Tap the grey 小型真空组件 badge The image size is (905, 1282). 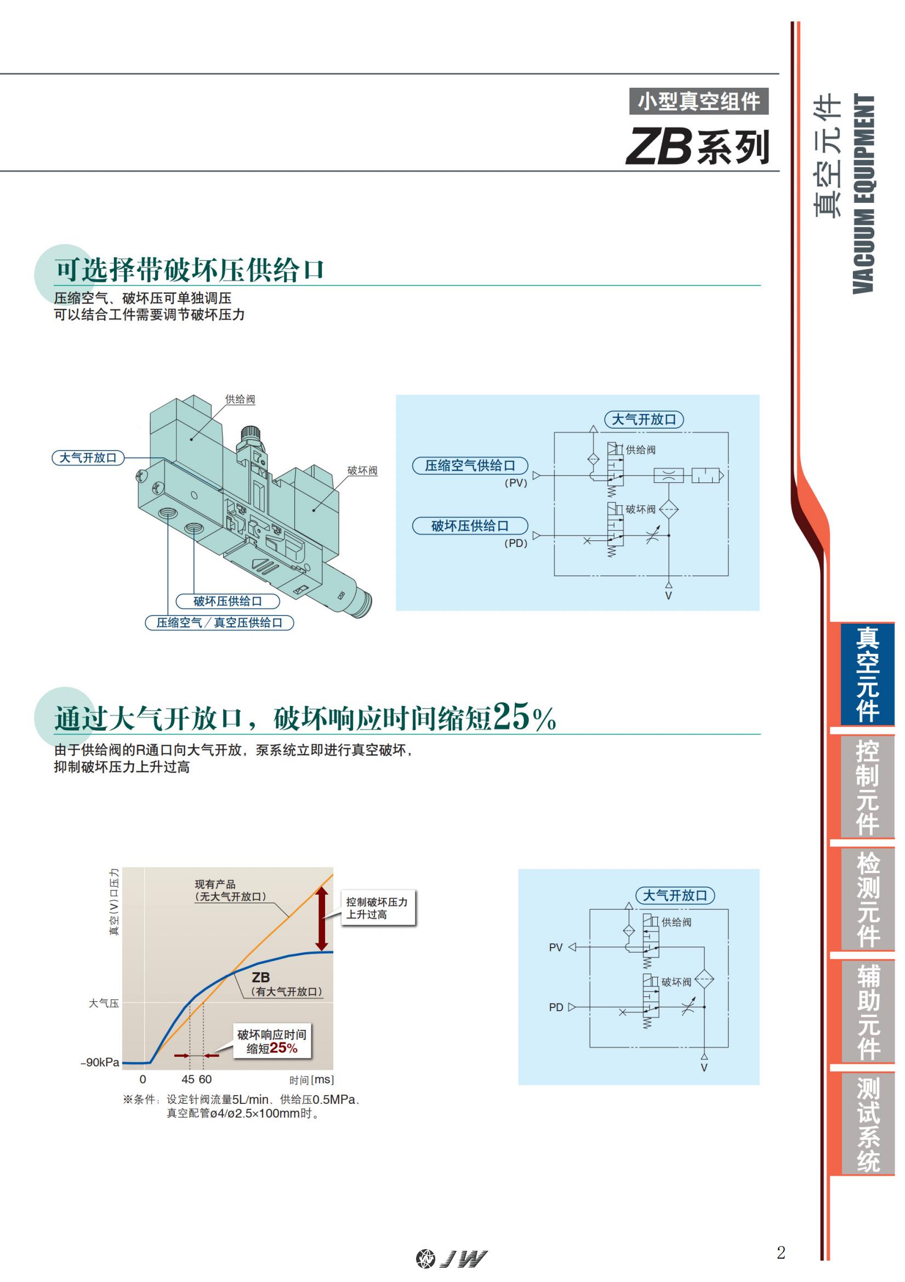tap(698, 101)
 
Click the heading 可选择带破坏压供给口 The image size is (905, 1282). tap(189, 270)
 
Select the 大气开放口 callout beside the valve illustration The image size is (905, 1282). tap(88, 458)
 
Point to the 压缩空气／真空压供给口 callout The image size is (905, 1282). tap(219, 623)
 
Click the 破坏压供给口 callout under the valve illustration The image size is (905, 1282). tap(227, 601)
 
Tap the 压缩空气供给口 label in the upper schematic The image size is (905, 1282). tap(470, 466)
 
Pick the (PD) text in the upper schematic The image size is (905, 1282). tap(515, 543)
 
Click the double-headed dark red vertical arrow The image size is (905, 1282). tap(322, 919)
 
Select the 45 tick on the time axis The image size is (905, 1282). tap(188, 1079)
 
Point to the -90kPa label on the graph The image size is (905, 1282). tap(100, 1063)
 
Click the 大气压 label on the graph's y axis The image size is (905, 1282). tap(104, 1004)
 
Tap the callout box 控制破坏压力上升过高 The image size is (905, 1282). tap(378, 908)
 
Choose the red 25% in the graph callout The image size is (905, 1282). tap(283, 1048)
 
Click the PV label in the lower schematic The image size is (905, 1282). tap(555, 948)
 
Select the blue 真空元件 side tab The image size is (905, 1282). tap(867, 674)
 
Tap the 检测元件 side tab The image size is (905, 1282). tap(867, 899)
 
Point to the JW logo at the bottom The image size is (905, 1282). tap(452, 1258)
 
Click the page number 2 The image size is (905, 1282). tap(781, 1252)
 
